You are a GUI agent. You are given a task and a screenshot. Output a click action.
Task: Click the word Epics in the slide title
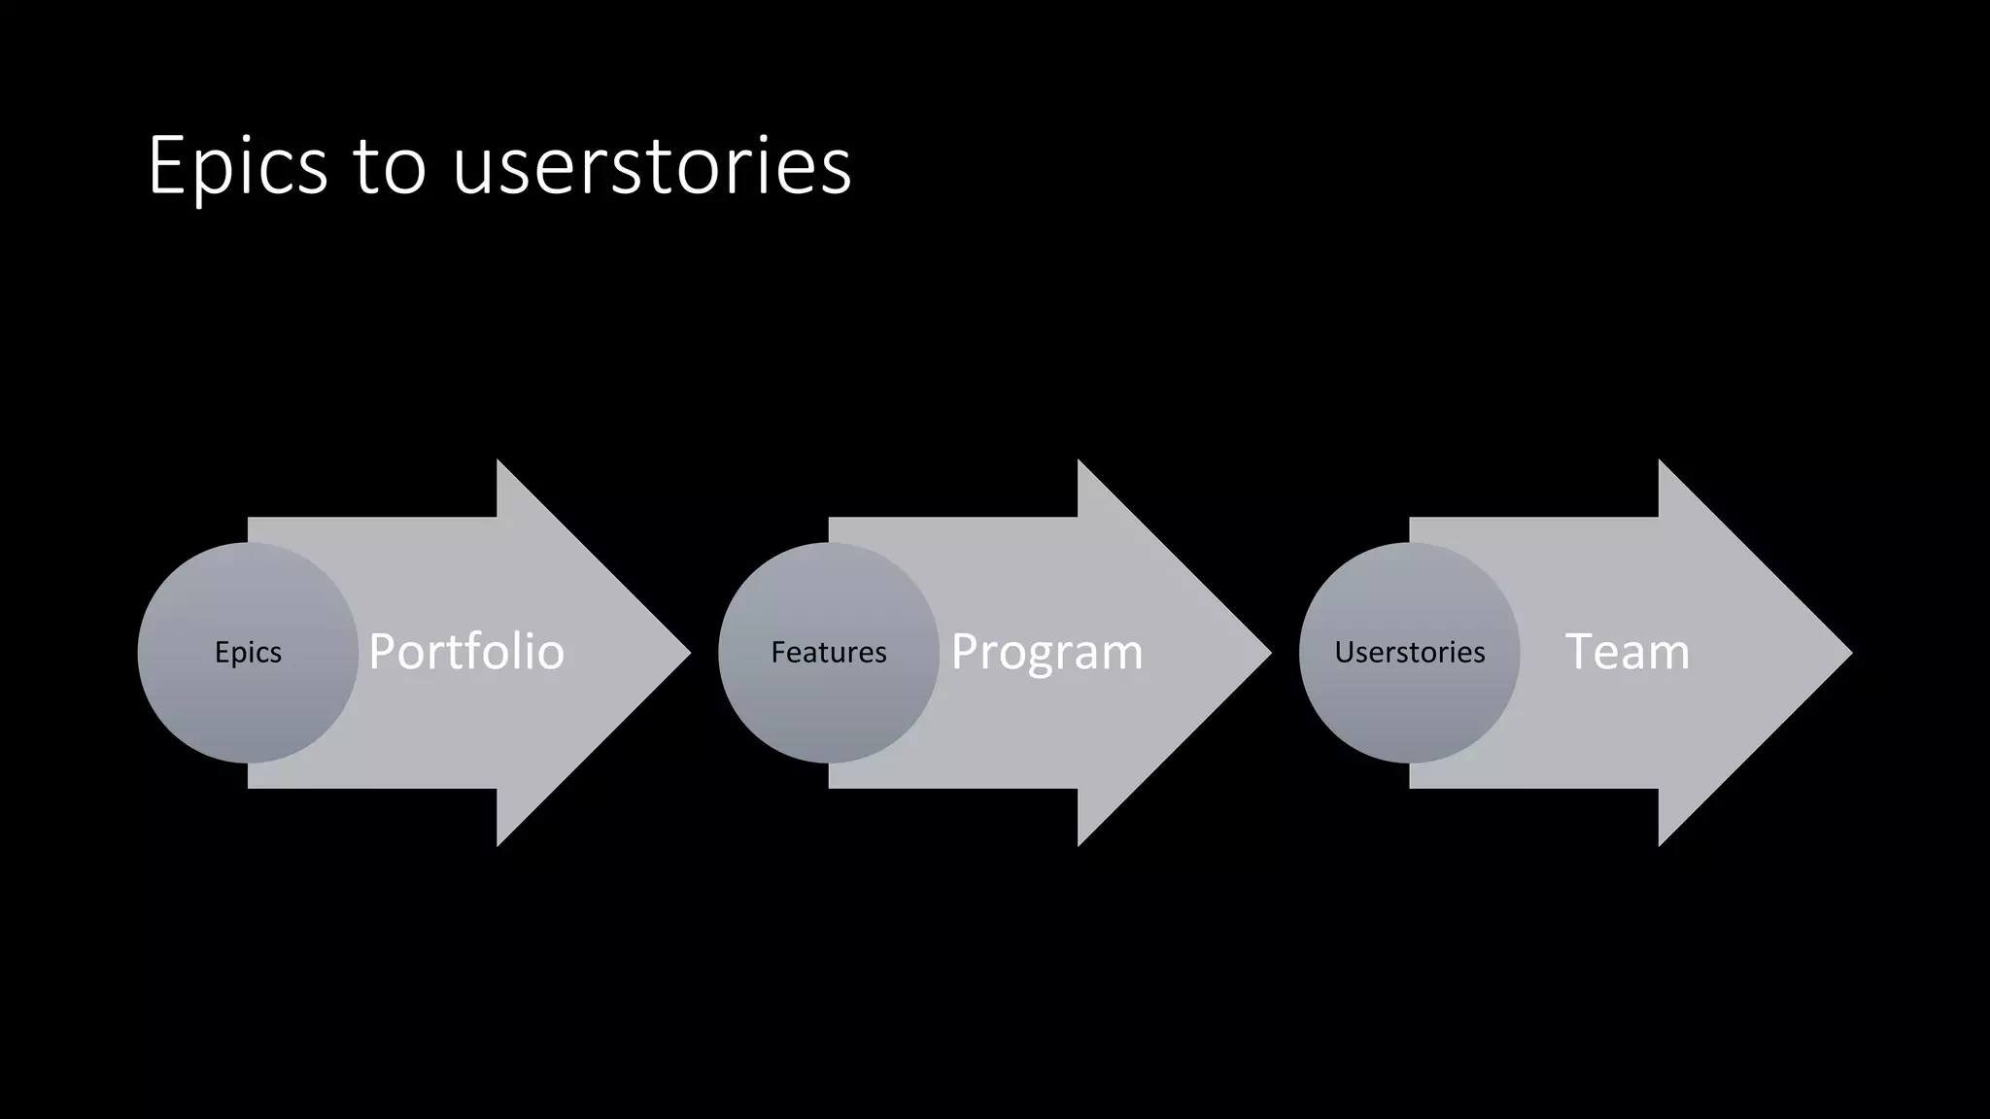pyautogui.click(x=238, y=167)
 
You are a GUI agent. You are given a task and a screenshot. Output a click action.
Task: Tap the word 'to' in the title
pyautogui.click(x=390, y=167)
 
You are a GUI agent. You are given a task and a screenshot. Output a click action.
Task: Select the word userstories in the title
pyautogui.click(x=652, y=167)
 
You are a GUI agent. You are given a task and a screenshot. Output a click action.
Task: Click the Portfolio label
pyautogui.click(x=466, y=652)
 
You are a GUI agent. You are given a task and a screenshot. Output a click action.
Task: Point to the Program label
pyautogui.click(x=1046, y=652)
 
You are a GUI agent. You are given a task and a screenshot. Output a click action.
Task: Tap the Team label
pyautogui.click(x=1628, y=652)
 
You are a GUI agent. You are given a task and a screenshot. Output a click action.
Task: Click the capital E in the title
pyautogui.click(x=166, y=166)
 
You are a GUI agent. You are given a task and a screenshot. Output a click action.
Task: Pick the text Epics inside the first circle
pyautogui.click(x=248, y=653)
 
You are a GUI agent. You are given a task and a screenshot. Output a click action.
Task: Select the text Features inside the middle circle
pyautogui.click(x=829, y=653)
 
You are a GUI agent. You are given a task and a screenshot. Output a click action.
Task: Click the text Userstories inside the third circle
pyautogui.click(x=1409, y=653)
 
